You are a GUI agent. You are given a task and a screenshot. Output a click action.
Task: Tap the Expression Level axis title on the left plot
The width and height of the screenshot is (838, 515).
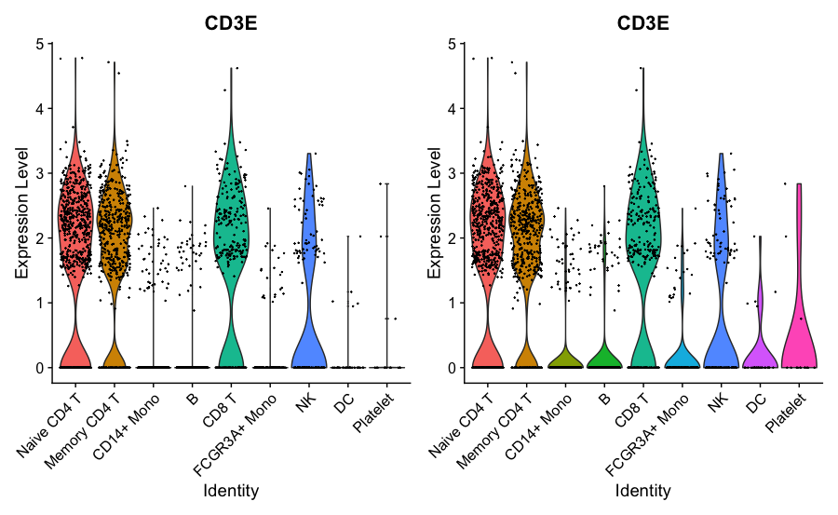coord(21,206)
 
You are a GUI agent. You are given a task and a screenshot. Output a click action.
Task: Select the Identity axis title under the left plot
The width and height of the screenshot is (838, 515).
coord(231,490)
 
